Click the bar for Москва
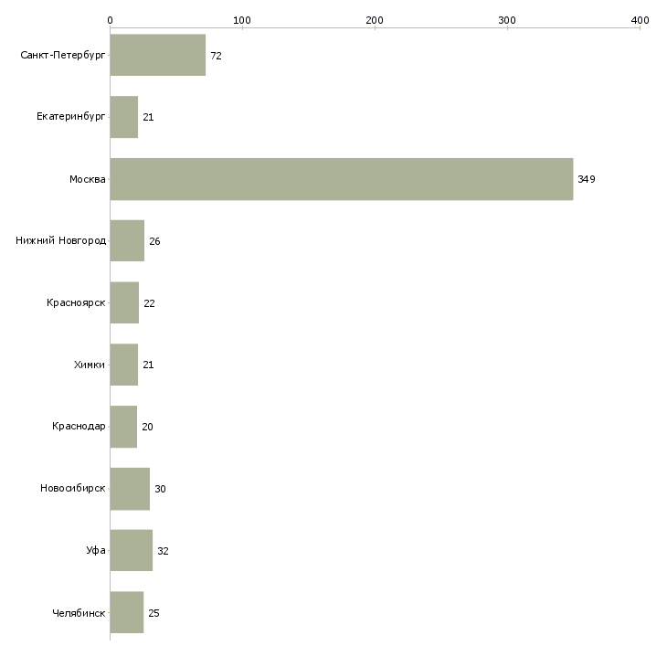coord(341,179)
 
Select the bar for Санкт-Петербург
coord(157,56)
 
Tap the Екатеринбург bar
coord(123,118)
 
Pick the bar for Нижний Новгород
coord(127,241)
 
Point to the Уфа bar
coord(131,551)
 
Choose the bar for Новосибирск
coord(130,489)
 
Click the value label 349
coord(586,180)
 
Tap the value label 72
coord(216,57)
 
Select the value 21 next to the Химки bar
coord(148,365)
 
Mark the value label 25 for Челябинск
coord(154,613)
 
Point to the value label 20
coord(147,428)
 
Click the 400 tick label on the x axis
coord(640,20)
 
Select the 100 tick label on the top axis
coord(242,20)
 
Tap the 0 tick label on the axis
coord(110,20)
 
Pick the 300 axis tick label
coord(507,20)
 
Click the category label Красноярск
coord(77,303)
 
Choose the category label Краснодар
coord(79,427)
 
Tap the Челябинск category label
coord(79,613)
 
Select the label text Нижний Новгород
coord(60,241)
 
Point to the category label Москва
coord(88,179)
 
